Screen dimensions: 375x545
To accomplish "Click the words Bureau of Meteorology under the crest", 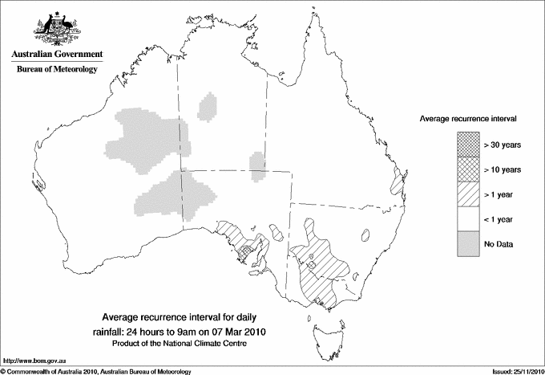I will pyautogui.click(x=57, y=70).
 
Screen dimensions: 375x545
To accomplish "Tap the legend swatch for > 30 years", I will pyautogui.click(x=467, y=145).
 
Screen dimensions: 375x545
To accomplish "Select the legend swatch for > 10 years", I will pyautogui.click(x=467, y=169).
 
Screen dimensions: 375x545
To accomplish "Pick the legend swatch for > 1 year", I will pyautogui.click(x=467, y=194).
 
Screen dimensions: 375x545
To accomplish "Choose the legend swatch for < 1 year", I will pyautogui.click(x=467, y=218).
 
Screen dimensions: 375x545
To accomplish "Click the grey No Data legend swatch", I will pyautogui.click(x=467, y=243).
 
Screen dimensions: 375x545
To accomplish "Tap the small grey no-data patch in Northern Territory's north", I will pyautogui.click(x=208, y=106).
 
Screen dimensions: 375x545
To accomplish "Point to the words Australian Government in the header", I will pyautogui.click(x=57, y=55).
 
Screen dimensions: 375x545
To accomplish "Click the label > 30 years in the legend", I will pyautogui.click(x=503, y=145).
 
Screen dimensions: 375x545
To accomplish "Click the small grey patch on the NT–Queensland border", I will pyautogui.click(x=257, y=164).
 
